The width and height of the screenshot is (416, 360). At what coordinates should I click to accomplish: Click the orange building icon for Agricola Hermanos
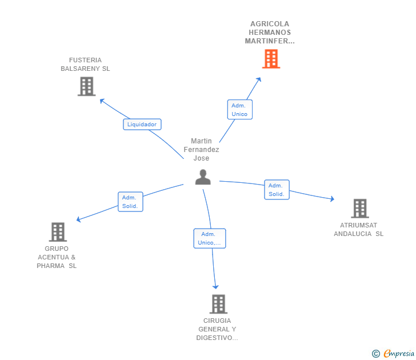(x=271, y=58)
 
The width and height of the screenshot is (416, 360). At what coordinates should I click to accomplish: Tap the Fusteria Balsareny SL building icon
(x=86, y=86)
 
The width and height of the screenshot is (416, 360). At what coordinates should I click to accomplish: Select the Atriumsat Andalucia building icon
(x=359, y=209)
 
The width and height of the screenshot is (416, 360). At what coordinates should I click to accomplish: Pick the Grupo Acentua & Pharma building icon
(x=58, y=232)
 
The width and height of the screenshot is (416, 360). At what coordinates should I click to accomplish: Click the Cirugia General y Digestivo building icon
(x=218, y=304)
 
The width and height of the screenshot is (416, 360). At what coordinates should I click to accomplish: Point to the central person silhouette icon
(x=203, y=177)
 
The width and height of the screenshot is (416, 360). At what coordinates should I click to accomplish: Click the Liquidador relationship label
(x=142, y=124)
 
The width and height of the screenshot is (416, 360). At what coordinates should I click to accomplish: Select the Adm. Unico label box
(x=239, y=110)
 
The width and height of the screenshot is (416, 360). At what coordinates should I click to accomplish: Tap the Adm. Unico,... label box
(x=210, y=238)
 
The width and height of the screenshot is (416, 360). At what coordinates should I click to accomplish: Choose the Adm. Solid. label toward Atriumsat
(x=277, y=190)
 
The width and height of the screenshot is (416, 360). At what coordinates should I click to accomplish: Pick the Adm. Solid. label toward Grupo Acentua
(x=130, y=202)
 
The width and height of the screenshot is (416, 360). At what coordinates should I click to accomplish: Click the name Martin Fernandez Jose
(x=201, y=150)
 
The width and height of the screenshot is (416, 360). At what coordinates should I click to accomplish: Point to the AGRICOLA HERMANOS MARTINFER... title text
(x=270, y=33)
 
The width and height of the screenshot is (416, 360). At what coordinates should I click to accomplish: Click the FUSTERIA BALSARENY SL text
(x=86, y=65)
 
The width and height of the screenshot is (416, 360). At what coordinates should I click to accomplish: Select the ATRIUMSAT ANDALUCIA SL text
(x=359, y=229)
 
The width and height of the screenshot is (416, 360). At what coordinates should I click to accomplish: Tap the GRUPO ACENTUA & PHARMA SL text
(x=57, y=257)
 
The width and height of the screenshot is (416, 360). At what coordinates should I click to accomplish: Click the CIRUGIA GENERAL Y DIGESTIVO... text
(x=217, y=329)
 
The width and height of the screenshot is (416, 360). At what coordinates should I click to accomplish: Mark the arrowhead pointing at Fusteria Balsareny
(x=102, y=100)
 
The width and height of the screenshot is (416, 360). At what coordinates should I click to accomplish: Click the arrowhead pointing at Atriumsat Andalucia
(x=332, y=199)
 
